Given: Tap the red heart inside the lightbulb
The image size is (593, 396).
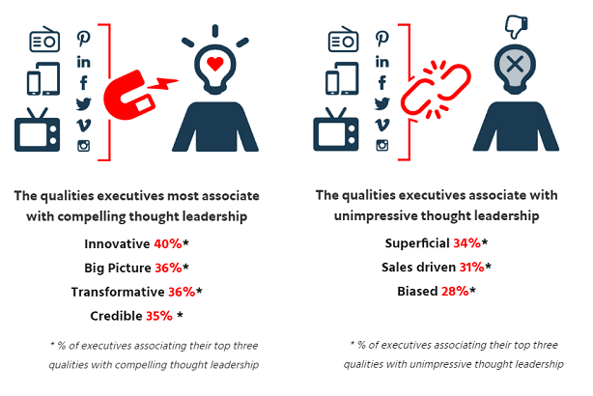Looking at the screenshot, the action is coord(215,64).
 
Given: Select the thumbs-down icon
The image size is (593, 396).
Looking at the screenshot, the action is coord(517,26).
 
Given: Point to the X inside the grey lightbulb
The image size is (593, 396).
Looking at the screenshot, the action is coord(515,64).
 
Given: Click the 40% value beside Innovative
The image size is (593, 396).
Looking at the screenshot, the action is coord(168,244).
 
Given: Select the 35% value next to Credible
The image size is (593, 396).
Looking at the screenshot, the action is coord(159,316).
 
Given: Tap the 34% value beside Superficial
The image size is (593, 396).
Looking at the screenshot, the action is coord(467,242).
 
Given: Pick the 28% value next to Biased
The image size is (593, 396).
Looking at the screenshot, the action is coord(455,292).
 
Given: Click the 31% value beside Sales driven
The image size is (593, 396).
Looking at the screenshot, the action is coord(472,267).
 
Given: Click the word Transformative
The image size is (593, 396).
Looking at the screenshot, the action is coord(118,292).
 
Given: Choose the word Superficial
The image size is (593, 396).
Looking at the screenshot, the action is coord(417,243).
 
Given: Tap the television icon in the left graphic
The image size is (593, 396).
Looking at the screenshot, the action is coord(37,129).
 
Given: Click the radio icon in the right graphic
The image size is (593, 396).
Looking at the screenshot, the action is coord(343,39).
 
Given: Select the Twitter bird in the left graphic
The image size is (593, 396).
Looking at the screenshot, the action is coord(84,104).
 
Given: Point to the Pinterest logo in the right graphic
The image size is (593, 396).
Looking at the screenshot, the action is coord(381,39).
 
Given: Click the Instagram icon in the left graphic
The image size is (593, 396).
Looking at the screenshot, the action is coord(84,146).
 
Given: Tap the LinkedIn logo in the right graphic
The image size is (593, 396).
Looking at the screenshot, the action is coord(381,61).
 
